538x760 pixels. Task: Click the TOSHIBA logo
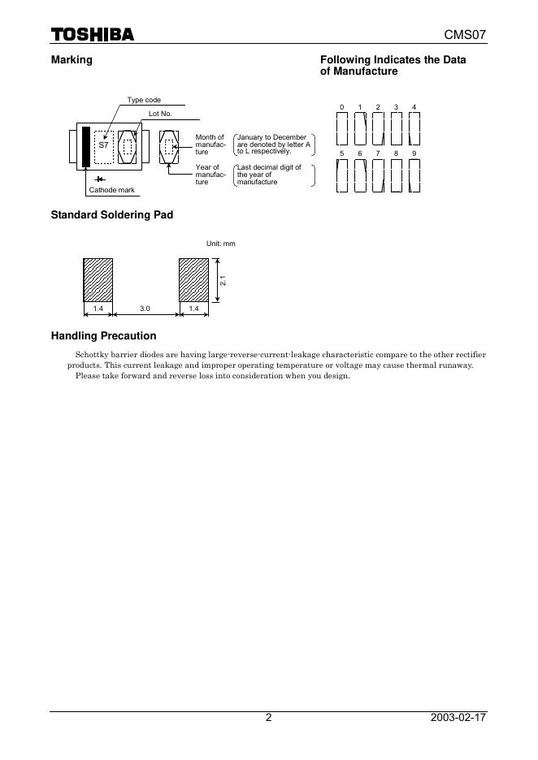click(x=92, y=34)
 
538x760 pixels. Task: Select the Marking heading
click(x=72, y=60)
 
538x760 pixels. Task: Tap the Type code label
click(x=144, y=100)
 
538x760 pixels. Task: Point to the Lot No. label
click(x=160, y=114)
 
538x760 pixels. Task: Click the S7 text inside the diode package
click(x=103, y=144)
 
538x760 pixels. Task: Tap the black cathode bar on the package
click(x=85, y=147)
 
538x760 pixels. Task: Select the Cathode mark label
click(x=111, y=190)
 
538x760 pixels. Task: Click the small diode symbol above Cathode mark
click(x=99, y=179)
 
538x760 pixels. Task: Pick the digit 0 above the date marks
click(x=342, y=107)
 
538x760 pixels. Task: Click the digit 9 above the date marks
click(x=414, y=153)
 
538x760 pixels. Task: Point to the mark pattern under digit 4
click(x=414, y=127)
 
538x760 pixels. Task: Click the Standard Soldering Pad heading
click(x=112, y=215)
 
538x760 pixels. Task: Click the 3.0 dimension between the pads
click(x=145, y=309)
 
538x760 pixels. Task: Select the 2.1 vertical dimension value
click(x=223, y=280)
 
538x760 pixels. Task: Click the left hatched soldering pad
click(x=98, y=279)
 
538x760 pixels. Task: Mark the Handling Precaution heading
click(x=104, y=336)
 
